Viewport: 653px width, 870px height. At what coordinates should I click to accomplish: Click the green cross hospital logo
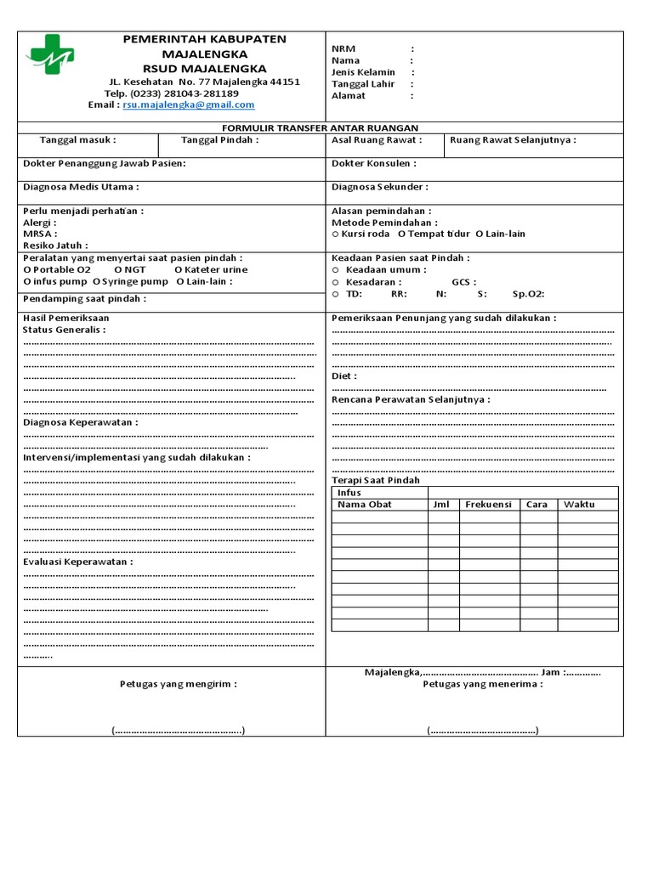(50, 54)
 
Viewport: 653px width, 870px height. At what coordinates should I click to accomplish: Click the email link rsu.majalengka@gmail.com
(189, 105)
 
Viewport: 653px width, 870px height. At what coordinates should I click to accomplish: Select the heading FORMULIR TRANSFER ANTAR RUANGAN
(326, 127)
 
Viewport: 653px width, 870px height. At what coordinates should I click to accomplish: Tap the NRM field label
(344, 49)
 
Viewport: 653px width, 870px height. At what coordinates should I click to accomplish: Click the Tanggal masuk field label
(78, 140)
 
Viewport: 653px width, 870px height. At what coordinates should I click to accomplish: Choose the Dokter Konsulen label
(374, 163)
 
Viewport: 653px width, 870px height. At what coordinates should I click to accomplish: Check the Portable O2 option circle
(27, 269)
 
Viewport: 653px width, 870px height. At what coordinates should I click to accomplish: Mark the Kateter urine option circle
(177, 269)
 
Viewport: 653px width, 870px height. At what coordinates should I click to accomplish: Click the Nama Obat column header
(365, 505)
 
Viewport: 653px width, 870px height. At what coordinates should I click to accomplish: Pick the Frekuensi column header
(488, 505)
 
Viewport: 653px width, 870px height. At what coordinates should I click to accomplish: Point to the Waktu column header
(579, 505)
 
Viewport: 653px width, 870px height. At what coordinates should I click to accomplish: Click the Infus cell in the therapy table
(349, 493)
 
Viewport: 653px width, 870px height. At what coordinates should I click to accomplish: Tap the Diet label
(344, 376)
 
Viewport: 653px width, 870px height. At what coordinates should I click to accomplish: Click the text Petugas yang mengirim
(178, 683)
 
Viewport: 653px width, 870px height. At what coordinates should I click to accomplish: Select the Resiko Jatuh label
(55, 246)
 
